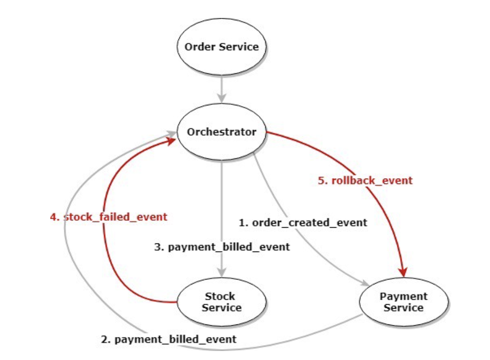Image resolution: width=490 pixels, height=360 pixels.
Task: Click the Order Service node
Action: pyautogui.click(x=222, y=47)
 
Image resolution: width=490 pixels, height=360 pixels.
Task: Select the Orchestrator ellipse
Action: pyautogui.click(x=222, y=132)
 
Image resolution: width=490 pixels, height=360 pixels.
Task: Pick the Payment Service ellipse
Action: pyautogui.click(x=403, y=302)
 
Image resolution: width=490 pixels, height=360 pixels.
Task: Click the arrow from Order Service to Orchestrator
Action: pyautogui.click(x=222, y=90)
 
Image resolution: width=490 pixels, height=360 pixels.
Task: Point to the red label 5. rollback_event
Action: pyautogui.click(x=365, y=180)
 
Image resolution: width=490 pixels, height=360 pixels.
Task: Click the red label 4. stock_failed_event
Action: pyautogui.click(x=108, y=217)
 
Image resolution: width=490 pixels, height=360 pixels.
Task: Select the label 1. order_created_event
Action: pyautogui.click(x=303, y=222)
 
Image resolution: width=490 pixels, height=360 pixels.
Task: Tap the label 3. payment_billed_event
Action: pyautogui.click(x=222, y=247)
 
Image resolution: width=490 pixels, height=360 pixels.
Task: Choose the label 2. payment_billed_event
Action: pyautogui.click(x=169, y=339)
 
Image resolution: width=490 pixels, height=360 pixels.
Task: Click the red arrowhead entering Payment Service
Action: pyautogui.click(x=404, y=272)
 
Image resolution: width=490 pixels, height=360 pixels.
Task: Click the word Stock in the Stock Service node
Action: pyautogui.click(x=220, y=297)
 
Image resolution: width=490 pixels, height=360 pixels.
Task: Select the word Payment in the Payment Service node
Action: pyautogui.click(x=403, y=297)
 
